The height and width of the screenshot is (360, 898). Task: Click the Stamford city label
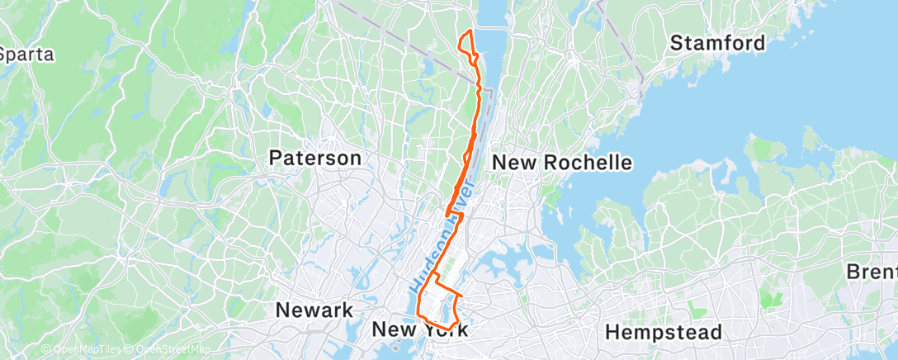(x=718, y=43)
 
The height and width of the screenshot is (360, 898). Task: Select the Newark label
(x=314, y=310)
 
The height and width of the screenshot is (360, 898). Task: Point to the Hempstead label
(x=664, y=332)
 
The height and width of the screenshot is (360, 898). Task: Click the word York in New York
(x=447, y=330)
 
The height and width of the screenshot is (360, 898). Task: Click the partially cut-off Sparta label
(x=26, y=55)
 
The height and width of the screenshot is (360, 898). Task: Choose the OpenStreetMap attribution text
(x=169, y=351)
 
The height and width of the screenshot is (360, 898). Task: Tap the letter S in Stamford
(x=676, y=43)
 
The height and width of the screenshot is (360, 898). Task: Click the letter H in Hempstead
(x=612, y=332)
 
